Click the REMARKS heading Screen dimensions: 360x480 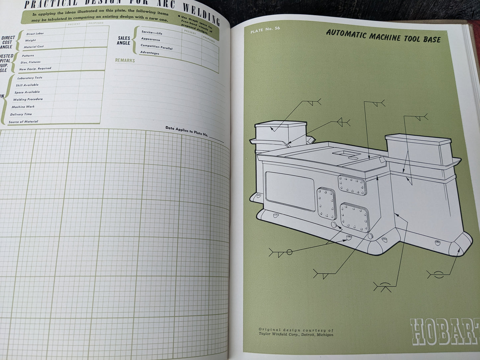pyautogui.click(x=125, y=60)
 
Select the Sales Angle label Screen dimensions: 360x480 pyautogui.click(x=124, y=41)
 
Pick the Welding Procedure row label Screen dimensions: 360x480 pyautogui.click(x=28, y=99)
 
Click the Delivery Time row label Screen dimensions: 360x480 pyautogui.click(x=21, y=114)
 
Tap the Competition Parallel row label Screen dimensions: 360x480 pyautogui.click(x=156, y=47)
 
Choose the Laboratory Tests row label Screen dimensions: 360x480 pyautogui.click(x=30, y=78)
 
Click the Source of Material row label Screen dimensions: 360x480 pyautogui.click(x=23, y=122)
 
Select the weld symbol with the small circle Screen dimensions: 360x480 pyautogui.click(x=281, y=252)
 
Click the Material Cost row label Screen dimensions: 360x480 pyautogui.click(x=34, y=47)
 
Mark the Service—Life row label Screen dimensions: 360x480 pyautogui.click(x=152, y=33)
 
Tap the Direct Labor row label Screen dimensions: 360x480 pyautogui.click(x=35, y=34)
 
